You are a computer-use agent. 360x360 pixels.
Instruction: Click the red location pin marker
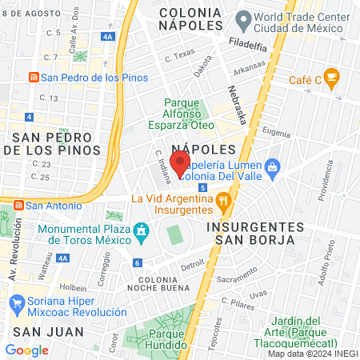coord(180,163)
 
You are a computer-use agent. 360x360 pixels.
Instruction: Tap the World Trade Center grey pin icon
coord(242,18)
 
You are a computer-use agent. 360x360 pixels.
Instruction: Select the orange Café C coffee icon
coord(332,78)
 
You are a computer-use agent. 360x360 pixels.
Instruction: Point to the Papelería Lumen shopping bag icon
coord(272,166)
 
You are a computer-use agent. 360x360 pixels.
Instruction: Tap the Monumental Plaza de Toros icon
coord(142,233)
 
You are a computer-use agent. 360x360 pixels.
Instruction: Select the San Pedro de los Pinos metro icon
coord(33,78)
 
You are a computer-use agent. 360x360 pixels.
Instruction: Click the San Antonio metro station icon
coord(16,205)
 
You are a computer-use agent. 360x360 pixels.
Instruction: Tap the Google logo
coord(26,350)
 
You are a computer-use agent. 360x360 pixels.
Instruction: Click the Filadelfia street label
coord(247,46)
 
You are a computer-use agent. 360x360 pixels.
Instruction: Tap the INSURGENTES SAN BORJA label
coord(250,233)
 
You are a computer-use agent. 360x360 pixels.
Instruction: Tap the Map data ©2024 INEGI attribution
coord(311,353)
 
